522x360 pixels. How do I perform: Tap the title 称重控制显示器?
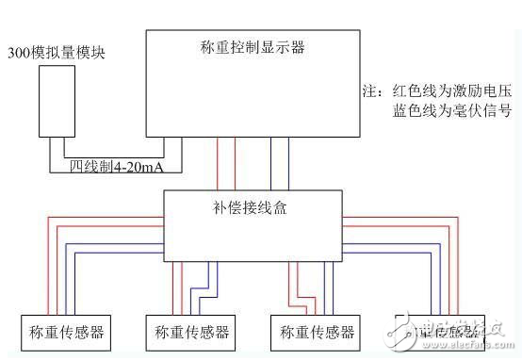(x=252, y=46)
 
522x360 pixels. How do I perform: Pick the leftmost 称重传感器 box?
(x=61, y=332)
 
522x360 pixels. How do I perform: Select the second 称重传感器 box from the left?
(x=188, y=332)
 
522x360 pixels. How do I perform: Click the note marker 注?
(x=370, y=92)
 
